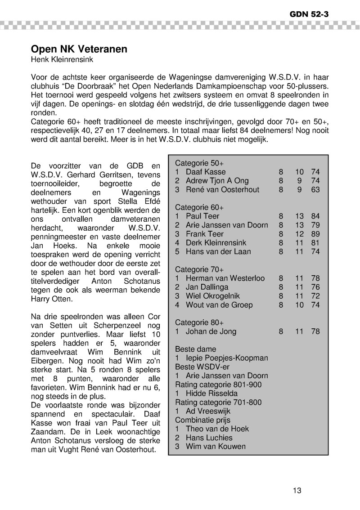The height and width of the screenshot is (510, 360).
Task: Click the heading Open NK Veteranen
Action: coord(79,49)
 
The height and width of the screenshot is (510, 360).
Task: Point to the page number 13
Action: coord(297,490)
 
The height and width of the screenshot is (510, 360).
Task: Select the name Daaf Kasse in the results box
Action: coord(206,172)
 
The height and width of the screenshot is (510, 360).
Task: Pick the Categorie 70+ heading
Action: coord(199,269)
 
